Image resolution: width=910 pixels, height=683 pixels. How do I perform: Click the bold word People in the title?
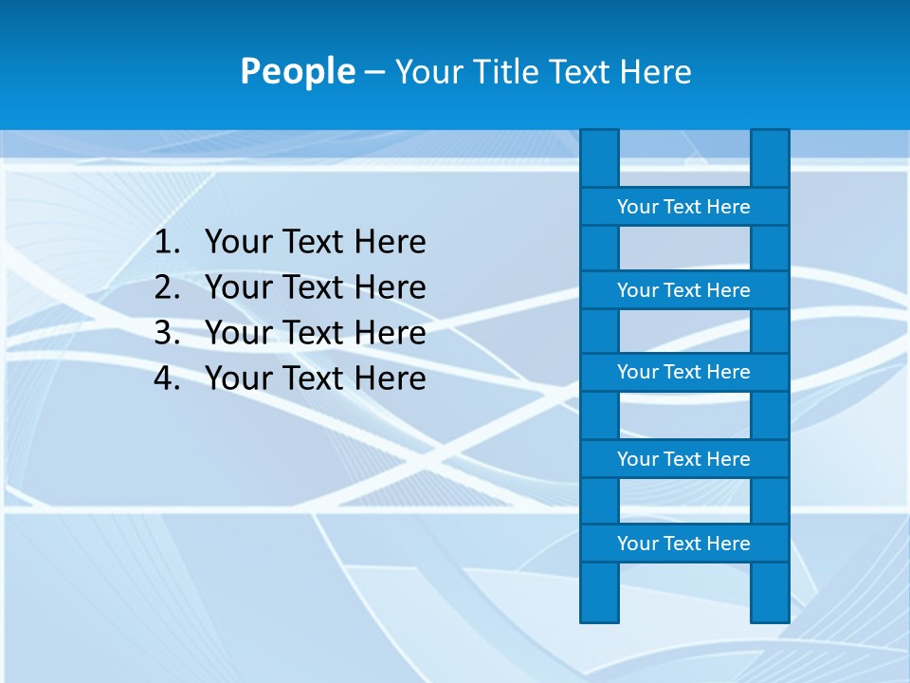(297, 71)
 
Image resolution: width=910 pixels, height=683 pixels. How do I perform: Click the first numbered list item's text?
(315, 242)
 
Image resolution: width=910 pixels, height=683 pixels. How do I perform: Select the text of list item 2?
(315, 286)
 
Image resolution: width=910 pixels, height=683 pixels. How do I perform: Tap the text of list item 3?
(315, 332)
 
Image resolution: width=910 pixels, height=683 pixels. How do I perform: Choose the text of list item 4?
(315, 378)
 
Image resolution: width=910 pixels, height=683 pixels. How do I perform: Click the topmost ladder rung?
(683, 207)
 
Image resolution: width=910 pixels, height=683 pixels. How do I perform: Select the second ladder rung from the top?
(683, 290)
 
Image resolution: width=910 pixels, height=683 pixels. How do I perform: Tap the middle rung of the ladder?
(683, 372)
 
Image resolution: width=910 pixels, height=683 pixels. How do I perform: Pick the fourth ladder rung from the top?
(683, 459)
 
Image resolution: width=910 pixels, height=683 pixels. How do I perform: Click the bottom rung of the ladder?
(683, 544)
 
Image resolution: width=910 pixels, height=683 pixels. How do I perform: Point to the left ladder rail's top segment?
(599, 158)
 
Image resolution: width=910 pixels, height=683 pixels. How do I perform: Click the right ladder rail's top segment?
(770, 158)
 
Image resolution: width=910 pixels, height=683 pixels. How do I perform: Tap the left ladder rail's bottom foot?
(599, 593)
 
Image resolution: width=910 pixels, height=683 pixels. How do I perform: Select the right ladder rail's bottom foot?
(770, 593)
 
